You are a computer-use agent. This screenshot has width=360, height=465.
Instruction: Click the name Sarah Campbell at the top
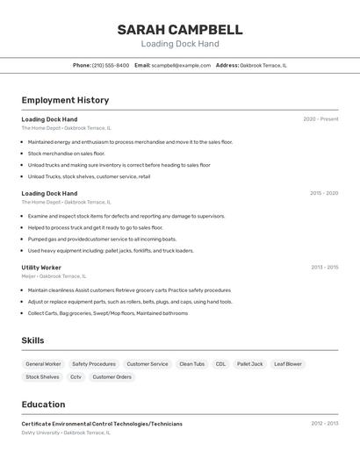(x=180, y=30)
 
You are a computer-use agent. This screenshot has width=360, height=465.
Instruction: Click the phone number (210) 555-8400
(x=111, y=65)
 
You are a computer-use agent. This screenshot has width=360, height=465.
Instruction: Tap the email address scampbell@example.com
(x=181, y=65)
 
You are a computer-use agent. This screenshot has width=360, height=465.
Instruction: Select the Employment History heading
(x=65, y=100)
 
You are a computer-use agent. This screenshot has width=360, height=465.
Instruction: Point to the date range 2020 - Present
(x=320, y=118)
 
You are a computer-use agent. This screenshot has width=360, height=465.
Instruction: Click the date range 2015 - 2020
(x=324, y=193)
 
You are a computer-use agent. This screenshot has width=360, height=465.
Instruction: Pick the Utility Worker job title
(x=41, y=268)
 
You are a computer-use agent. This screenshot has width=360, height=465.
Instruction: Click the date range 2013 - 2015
(x=324, y=268)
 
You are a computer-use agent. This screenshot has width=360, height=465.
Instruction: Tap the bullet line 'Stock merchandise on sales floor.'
(x=66, y=154)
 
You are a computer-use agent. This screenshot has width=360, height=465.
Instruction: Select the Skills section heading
(x=33, y=340)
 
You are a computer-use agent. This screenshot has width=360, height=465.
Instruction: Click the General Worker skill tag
(x=43, y=363)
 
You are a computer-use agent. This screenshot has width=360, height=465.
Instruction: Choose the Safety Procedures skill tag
(x=94, y=363)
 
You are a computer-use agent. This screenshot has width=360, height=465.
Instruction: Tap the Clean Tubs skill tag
(x=191, y=363)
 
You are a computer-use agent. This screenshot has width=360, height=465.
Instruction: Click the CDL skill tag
(x=220, y=363)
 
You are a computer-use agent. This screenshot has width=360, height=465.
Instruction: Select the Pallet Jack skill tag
(x=250, y=363)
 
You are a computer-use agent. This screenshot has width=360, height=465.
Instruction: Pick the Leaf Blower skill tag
(x=287, y=363)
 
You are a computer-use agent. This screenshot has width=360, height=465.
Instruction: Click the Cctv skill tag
(x=76, y=377)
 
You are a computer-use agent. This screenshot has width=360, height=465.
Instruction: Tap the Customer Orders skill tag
(x=112, y=377)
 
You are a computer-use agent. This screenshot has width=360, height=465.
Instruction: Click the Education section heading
(x=43, y=404)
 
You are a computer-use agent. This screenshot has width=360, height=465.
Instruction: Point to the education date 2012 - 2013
(x=324, y=423)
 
